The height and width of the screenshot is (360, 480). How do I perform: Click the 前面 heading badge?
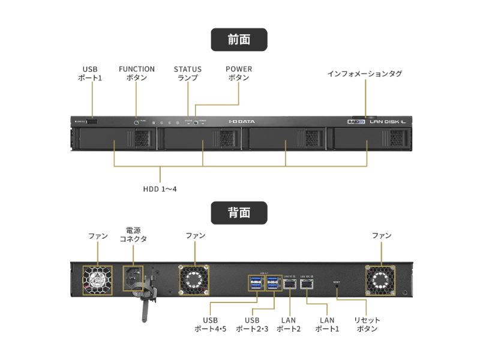(239, 40)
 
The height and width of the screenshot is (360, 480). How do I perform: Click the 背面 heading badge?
(239, 212)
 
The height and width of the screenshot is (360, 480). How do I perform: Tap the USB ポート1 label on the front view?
(90, 73)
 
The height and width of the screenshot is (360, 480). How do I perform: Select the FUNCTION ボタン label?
(137, 73)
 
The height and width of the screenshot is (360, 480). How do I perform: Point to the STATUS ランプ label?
(188, 73)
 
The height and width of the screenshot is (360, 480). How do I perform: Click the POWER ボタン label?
(239, 73)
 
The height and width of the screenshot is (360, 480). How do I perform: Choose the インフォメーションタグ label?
(365, 74)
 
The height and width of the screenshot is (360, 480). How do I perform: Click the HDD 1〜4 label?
(160, 189)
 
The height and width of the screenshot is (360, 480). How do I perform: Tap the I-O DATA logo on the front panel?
(242, 121)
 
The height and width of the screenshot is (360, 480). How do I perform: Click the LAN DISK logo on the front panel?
(387, 122)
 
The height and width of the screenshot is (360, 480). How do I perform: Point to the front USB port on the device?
(92, 122)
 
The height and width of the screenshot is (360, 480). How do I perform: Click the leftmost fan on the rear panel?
(97, 280)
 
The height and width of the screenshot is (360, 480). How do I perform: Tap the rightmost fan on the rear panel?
(381, 280)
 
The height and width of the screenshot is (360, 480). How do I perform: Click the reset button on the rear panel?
(337, 287)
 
